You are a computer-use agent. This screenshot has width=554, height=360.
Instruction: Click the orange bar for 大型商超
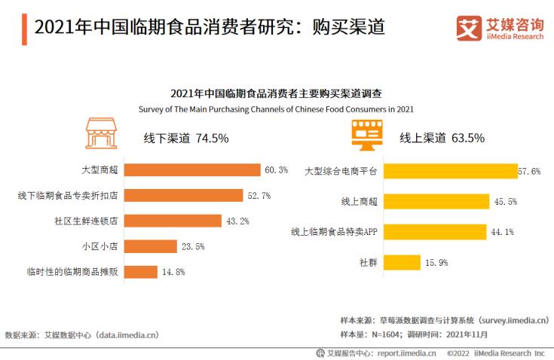tap(191, 169)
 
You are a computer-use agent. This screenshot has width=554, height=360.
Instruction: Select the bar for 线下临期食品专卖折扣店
tap(183, 195)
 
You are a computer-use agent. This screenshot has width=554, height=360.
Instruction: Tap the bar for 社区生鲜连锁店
tap(172, 221)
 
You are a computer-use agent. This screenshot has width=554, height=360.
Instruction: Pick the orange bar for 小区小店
tap(148, 246)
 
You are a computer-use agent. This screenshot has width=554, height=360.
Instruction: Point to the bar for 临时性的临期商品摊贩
tap(140, 272)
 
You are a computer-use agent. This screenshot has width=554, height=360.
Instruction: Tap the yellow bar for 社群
tap(400, 262)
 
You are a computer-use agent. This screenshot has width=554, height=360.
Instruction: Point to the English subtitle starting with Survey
tap(277, 108)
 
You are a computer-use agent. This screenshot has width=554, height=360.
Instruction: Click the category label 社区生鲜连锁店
tap(87, 221)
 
